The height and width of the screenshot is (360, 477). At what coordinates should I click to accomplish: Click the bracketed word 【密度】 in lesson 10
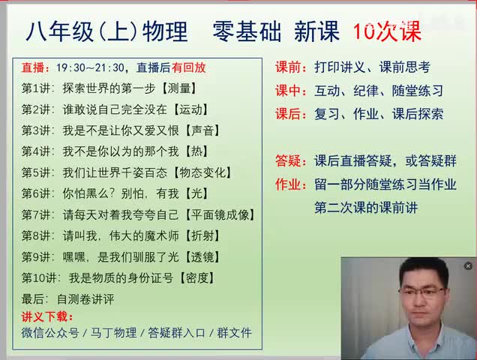196,277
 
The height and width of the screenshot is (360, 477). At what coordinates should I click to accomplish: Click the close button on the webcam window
468,266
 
